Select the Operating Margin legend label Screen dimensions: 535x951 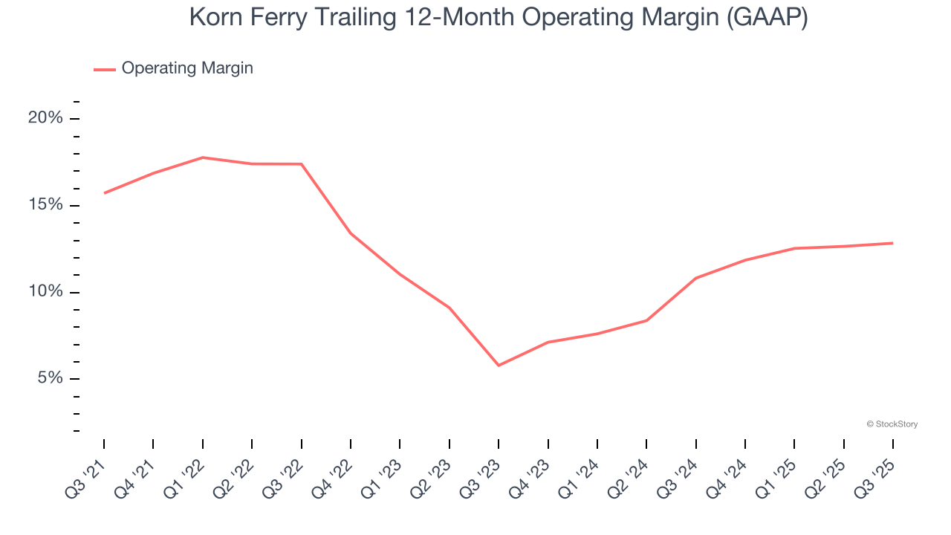tap(187, 68)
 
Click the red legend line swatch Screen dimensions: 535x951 tap(104, 69)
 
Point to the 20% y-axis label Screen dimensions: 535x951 tap(45, 118)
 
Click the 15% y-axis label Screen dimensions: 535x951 tap(45, 205)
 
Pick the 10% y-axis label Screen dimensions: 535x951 tap(45, 292)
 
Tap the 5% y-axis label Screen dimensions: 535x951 tap(49, 378)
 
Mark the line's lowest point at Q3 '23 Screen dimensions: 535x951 tap(499, 366)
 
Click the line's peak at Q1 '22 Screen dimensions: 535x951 tap(203, 158)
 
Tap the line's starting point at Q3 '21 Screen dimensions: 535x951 tap(104, 193)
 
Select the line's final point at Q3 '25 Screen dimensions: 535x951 tap(892, 243)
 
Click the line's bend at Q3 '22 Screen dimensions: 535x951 tap(301, 164)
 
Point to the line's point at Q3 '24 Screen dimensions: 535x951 tap(695, 278)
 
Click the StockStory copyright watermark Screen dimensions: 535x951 tap(892, 424)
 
